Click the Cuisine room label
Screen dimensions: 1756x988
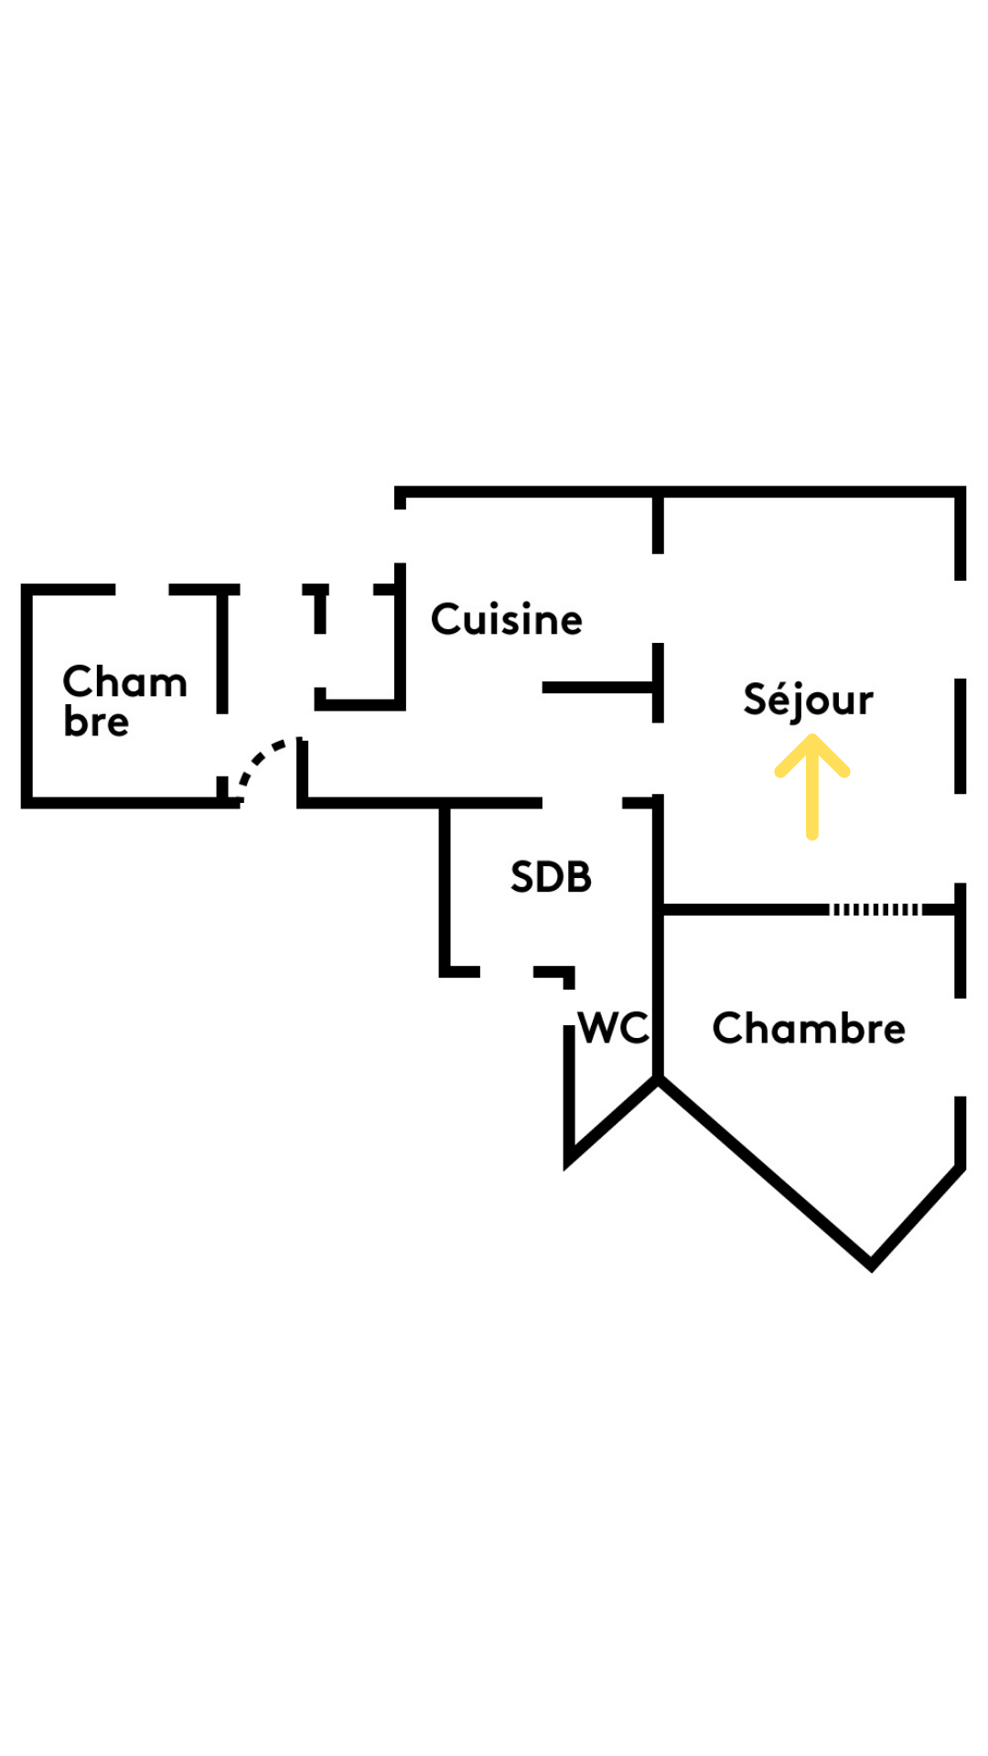(506, 620)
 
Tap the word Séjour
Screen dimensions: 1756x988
(808, 700)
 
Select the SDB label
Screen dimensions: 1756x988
(551, 877)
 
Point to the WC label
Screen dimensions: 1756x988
(614, 1028)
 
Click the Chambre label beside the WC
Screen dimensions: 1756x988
(809, 1029)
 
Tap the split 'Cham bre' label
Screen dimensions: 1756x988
(123, 701)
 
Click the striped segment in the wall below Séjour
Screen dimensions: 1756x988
(875, 909)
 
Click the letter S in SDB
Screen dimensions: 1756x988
(523, 877)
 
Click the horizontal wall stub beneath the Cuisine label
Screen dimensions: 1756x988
(599, 687)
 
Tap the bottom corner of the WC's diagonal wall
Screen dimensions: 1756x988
(569, 1162)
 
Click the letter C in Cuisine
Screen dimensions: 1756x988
(446, 619)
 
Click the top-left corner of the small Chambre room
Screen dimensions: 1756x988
(27, 590)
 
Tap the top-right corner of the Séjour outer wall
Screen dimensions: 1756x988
(960, 492)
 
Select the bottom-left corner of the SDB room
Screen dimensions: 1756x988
(446, 971)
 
